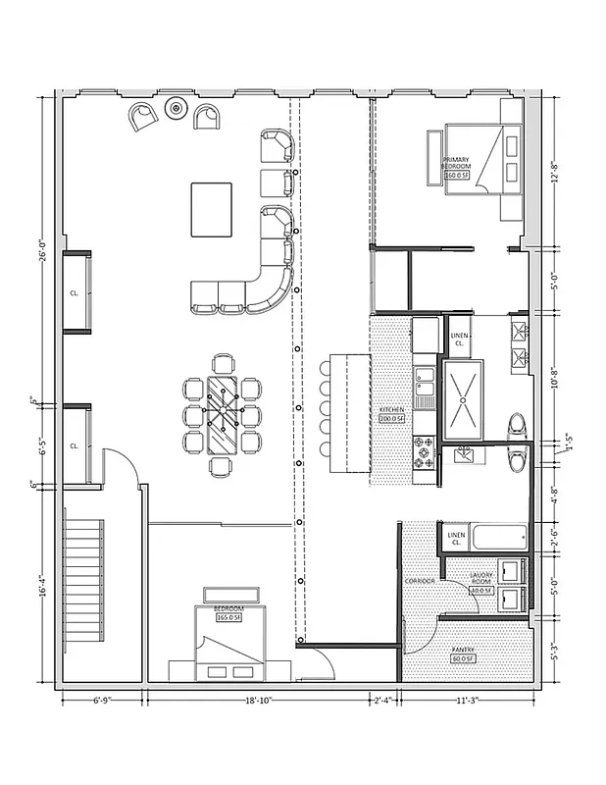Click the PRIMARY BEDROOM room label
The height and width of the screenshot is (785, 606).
[x=456, y=163]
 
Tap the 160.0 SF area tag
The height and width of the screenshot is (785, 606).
[x=457, y=176]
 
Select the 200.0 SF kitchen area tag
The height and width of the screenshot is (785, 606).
[x=393, y=418]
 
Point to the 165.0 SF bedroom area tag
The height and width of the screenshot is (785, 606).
[x=227, y=618]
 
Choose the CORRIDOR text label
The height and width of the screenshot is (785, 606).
[x=420, y=581]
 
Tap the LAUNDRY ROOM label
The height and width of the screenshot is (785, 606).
[x=480, y=579]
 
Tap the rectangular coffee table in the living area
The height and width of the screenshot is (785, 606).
[x=211, y=209]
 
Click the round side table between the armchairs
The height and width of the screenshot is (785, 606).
[x=177, y=108]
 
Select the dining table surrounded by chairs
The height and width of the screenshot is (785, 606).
[x=223, y=414]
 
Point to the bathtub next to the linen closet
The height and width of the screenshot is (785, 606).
[x=497, y=539]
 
